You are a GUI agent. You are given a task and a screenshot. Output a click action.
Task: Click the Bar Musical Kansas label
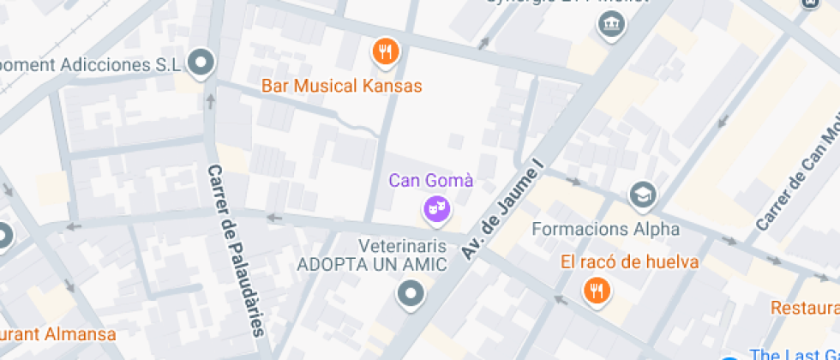[x=341, y=87]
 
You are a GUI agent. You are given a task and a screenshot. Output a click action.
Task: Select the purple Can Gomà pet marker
[x=436, y=208]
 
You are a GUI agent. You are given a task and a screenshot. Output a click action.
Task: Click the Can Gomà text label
[x=431, y=181]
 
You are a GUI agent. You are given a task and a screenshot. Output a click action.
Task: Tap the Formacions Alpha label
[x=605, y=229]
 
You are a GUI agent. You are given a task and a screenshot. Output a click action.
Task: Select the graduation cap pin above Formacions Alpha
[x=641, y=195]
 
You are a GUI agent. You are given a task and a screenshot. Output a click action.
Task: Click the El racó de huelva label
[x=630, y=262]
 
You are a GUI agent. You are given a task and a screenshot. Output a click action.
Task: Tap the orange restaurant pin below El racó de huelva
[x=596, y=291]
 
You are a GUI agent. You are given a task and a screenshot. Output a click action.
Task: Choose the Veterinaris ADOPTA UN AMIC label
[x=371, y=255]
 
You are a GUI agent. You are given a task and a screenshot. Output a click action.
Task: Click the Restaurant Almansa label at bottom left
[x=57, y=333]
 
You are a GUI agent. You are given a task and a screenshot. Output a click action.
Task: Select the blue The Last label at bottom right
[x=794, y=354]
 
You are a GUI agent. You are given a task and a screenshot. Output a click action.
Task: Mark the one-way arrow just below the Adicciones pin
[x=210, y=102]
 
